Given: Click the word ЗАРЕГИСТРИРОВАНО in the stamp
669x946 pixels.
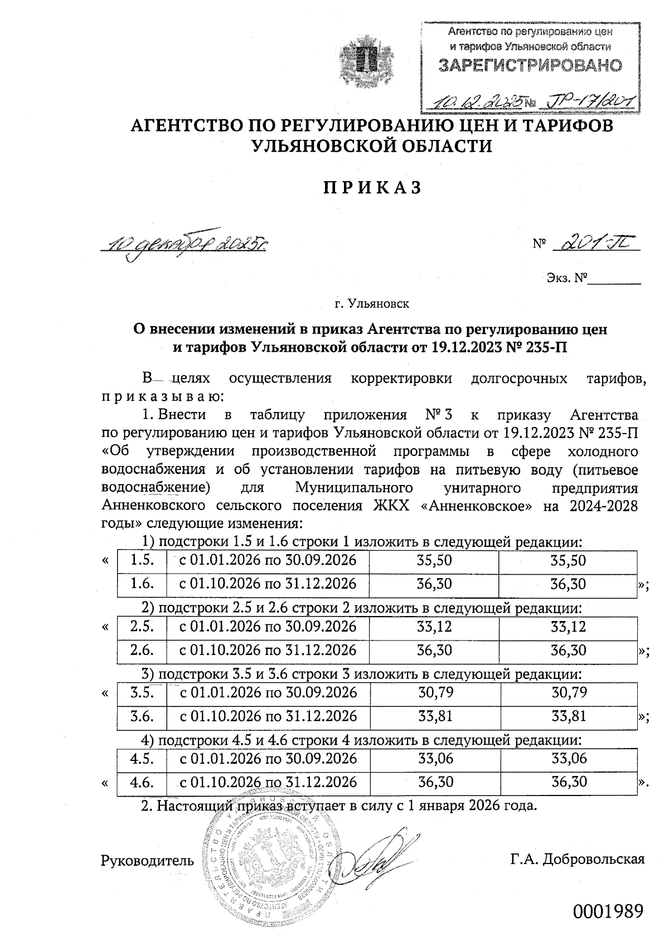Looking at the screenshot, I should click(x=530, y=66).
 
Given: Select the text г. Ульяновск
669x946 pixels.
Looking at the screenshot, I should click(x=372, y=304).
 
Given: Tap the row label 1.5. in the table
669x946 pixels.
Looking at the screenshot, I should click(x=142, y=561).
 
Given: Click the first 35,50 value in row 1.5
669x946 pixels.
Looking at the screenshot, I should click(x=434, y=561).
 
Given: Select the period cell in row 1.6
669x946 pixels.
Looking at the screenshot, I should click(x=267, y=584).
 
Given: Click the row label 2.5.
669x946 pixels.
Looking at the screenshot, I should click(x=142, y=627).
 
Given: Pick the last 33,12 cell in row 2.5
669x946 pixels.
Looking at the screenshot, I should click(x=568, y=627).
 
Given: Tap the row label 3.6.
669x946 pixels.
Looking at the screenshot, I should click(x=142, y=716).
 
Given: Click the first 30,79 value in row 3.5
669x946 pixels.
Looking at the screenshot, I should click(x=435, y=693).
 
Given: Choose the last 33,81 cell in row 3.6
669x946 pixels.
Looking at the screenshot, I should click(x=569, y=716).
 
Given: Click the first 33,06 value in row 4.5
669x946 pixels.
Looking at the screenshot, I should click(x=435, y=759).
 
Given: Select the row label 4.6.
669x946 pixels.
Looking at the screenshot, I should click(x=142, y=782).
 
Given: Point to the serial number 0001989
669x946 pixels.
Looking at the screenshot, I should click(x=608, y=912).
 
